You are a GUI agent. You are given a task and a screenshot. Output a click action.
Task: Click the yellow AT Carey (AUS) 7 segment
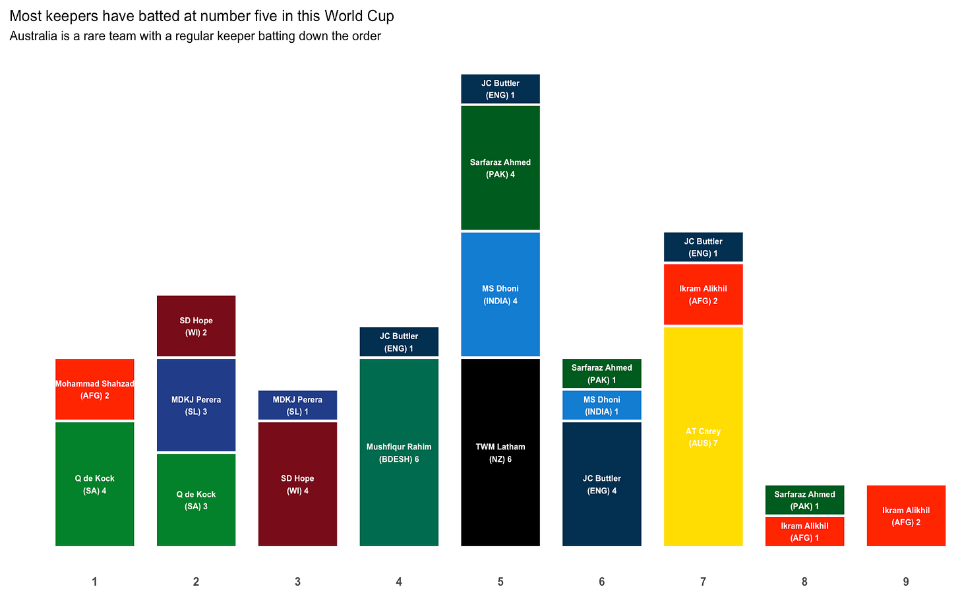coord(703,437)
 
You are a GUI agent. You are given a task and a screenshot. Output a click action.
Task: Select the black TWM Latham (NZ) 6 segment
coord(500,453)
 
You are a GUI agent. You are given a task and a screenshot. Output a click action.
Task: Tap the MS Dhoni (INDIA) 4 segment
coord(500,294)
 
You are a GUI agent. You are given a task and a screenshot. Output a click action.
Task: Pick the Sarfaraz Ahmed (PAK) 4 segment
coord(500,168)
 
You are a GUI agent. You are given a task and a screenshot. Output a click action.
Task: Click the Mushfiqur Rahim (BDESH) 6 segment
coord(399,453)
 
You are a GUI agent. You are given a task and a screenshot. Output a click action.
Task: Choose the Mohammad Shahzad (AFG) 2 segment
coord(95,389)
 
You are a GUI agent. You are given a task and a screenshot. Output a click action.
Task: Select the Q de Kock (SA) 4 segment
coord(95,484)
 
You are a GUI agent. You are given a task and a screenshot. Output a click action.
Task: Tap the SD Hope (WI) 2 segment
coord(196,326)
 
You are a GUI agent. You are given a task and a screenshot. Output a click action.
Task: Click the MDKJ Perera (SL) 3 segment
coord(196,405)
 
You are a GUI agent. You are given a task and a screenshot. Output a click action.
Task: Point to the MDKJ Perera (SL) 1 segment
coord(297,405)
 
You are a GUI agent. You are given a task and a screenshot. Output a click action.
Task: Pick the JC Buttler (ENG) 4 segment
coord(602,484)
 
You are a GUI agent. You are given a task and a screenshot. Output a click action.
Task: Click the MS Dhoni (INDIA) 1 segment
coord(602,405)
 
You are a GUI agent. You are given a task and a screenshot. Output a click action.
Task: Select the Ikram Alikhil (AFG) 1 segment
coord(804,532)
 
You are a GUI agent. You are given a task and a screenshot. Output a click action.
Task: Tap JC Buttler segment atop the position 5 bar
coord(500,89)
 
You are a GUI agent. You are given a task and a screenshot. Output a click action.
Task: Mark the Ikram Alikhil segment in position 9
coord(906,516)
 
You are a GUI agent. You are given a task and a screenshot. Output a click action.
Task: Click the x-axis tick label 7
coord(704,582)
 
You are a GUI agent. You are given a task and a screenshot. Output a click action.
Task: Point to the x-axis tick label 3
coord(297,582)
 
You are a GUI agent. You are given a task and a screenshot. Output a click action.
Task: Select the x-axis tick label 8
coord(804,582)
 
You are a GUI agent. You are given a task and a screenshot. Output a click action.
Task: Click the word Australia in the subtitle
coord(33,36)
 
